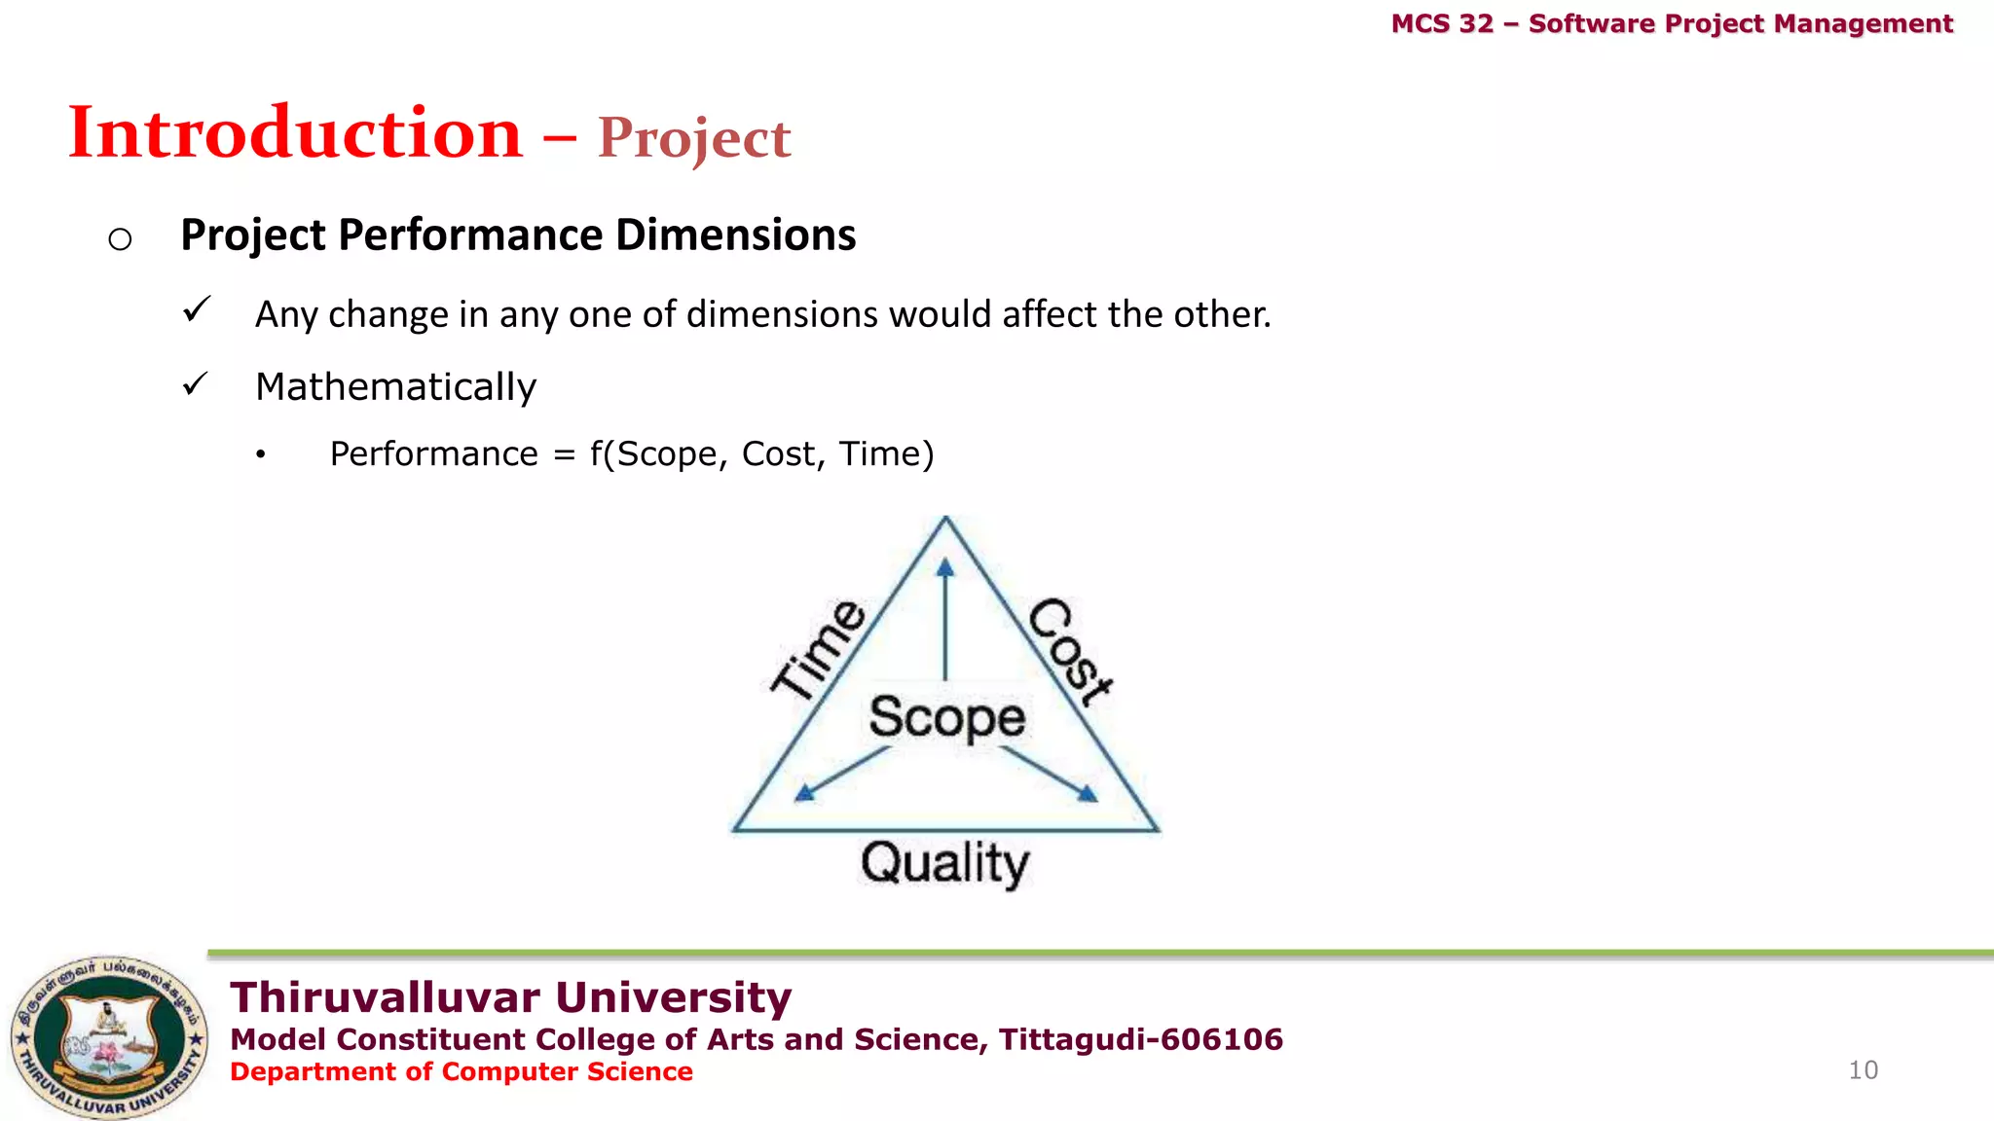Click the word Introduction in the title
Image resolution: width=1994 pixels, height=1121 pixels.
295,132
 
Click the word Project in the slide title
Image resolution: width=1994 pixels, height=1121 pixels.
693,138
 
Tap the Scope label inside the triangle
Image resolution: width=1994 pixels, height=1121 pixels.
946,717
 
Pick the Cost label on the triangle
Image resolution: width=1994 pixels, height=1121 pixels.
1070,650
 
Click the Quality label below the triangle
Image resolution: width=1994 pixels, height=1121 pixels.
944,863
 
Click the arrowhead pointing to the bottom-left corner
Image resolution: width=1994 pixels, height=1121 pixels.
804,793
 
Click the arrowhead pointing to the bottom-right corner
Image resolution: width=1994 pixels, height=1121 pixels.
1088,794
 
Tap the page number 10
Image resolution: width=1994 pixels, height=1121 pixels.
1863,1070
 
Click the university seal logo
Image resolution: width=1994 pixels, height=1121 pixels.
109,1036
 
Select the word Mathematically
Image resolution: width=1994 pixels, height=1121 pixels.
395,387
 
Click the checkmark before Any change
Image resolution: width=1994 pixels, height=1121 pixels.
197,310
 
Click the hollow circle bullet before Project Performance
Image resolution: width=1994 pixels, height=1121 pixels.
120,238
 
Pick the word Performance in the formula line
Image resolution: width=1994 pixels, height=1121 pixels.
433,454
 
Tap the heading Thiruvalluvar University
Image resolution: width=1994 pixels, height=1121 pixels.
510,997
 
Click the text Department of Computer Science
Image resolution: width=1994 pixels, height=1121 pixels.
461,1071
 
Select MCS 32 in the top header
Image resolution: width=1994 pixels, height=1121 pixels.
1442,23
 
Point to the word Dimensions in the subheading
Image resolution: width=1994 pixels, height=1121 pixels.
735,235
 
